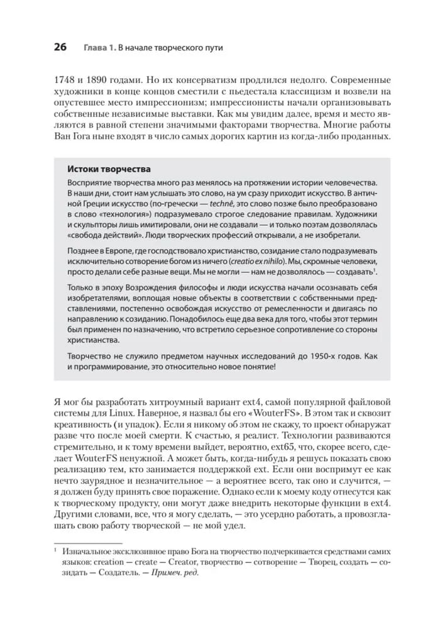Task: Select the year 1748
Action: [x=66, y=81]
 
